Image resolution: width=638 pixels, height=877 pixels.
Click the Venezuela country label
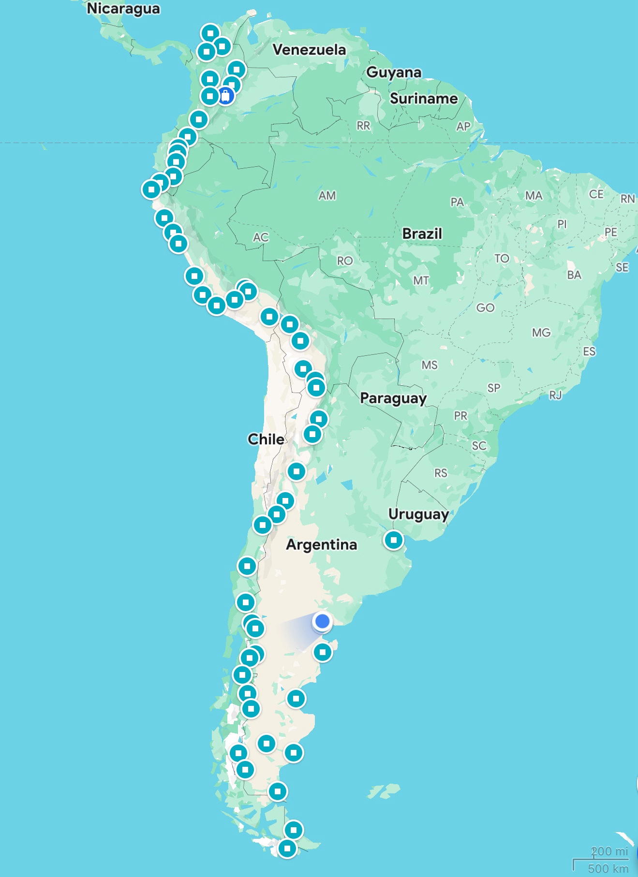pyautogui.click(x=309, y=49)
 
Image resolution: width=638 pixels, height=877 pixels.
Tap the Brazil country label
pyautogui.click(x=422, y=234)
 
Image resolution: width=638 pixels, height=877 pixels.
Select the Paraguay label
pyautogui.click(x=393, y=398)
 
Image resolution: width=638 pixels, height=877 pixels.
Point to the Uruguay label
pyautogui.click(x=418, y=514)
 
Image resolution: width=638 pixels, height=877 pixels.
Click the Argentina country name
pyautogui.click(x=321, y=544)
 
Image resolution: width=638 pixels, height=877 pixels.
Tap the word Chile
pyautogui.click(x=266, y=439)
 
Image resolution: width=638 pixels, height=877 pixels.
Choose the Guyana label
pyautogui.click(x=394, y=72)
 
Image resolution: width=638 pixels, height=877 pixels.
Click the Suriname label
pyautogui.click(x=424, y=99)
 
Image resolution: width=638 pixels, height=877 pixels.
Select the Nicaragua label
pyautogui.click(x=123, y=9)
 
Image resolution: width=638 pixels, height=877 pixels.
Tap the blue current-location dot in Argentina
pyautogui.click(x=322, y=621)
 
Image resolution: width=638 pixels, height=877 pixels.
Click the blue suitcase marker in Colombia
pyautogui.click(x=225, y=95)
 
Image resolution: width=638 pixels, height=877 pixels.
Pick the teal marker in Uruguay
pyautogui.click(x=393, y=540)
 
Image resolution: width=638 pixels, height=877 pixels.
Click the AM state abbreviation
pyautogui.click(x=327, y=195)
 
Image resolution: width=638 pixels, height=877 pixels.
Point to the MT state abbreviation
pyautogui.click(x=421, y=280)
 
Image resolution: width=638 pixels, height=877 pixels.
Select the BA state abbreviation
pyautogui.click(x=574, y=275)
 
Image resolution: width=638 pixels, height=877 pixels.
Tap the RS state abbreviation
pyautogui.click(x=441, y=473)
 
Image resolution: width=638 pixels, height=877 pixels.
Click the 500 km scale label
pyautogui.click(x=608, y=868)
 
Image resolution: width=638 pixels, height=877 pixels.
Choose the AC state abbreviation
pyautogui.click(x=261, y=237)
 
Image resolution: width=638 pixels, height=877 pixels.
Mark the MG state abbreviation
pyautogui.click(x=541, y=333)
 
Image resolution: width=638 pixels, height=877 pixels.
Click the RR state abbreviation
pyautogui.click(x=363, y=126)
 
